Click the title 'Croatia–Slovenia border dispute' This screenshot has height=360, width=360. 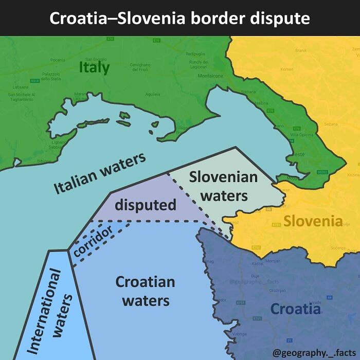tap(179, 19)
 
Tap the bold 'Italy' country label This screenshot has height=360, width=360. tap(94, 67)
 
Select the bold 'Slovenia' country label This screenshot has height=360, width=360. tap(313, 222)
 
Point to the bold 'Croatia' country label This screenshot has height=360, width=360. tap(295, 309)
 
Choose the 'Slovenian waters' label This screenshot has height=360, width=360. tap(223, 186)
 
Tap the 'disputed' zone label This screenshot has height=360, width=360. tap(145, 205)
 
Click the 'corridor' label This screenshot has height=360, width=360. tap(93, 242)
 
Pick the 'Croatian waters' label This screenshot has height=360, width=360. tap(145, 291)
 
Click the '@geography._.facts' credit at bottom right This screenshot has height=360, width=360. tap(314, 353)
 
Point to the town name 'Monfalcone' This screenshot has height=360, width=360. tap(210, 76)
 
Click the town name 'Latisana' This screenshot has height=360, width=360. tap(20, 87)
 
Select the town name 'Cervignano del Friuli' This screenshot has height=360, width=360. tap(140, 66)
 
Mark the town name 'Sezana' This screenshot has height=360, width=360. tap(331, 124)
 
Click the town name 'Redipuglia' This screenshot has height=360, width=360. tap(195, 53)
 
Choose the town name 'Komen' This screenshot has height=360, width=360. tap(287, 69)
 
